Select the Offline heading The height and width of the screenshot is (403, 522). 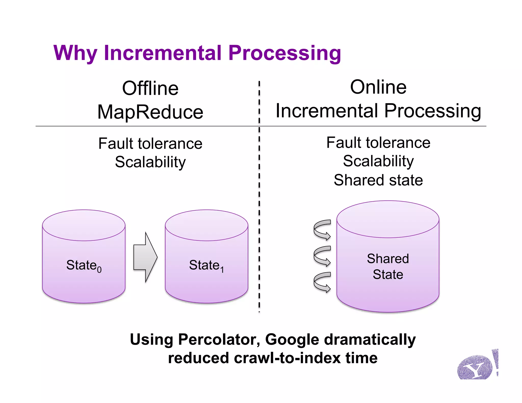[150, 88]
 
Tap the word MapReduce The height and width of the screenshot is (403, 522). [150, 112]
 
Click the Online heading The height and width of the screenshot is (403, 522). [378, 87]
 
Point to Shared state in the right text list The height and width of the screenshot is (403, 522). [378, 180]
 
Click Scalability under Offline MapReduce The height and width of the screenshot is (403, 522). [150, 162]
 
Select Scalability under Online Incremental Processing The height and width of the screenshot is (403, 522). [378, 161]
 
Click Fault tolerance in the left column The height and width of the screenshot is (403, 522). [150, 143]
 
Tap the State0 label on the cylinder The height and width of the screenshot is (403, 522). [84, 266]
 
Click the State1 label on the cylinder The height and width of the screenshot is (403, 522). [206, 266]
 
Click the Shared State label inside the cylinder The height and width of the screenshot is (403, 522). [388, 266]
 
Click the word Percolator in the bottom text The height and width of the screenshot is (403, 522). [219, 340]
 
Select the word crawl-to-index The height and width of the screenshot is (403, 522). [287, 358]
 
